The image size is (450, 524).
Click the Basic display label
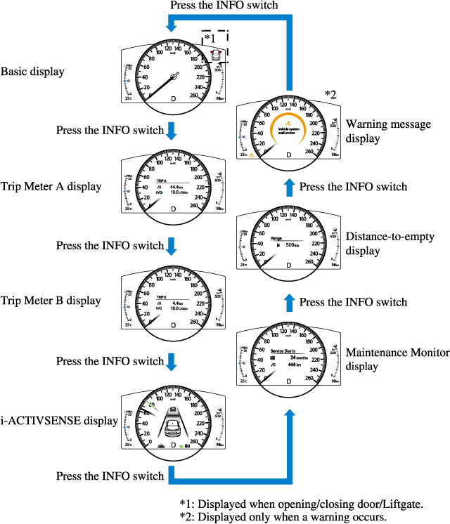click(33, 72)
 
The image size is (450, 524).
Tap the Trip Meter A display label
click(51, 187)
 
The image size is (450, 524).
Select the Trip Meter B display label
click(51, 301)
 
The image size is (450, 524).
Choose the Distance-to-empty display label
click(389, 244)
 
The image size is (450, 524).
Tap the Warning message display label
click(388, 131)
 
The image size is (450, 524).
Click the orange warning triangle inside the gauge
click(288, 120)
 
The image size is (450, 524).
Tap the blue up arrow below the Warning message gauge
click(288, 187)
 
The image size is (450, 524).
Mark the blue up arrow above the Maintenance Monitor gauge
click(288, 302)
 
